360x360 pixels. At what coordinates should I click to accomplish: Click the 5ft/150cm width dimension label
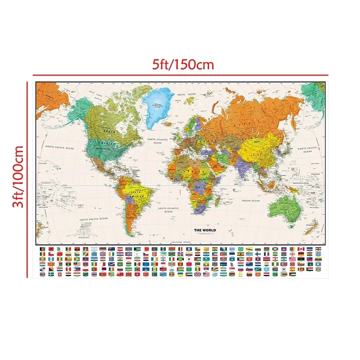(x=178, y=64)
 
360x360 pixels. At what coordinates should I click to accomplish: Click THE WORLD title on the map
(x=205, y=230)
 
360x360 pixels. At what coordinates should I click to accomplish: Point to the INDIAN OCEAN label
(x=251, y=201)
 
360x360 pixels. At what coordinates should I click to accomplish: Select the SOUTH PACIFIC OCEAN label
(x=94, y=218)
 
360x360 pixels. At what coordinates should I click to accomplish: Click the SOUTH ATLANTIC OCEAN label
(x=169, y=210)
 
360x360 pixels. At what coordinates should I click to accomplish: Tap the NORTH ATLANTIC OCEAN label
(x=158, y=141)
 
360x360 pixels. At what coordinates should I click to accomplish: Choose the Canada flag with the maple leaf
(x=301, y=249)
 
